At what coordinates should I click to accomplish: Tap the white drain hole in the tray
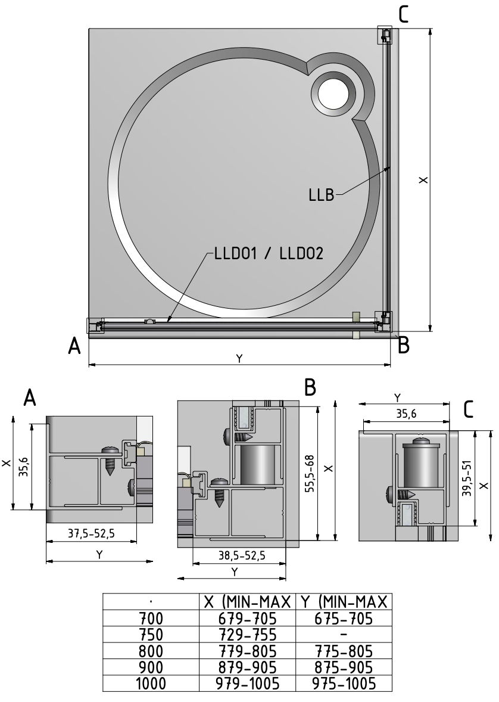point(336,94)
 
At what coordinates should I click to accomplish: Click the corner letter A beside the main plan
point(74,346)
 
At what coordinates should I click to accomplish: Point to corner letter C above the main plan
point(404,13)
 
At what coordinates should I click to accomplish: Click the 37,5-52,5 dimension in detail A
point(91,534)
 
